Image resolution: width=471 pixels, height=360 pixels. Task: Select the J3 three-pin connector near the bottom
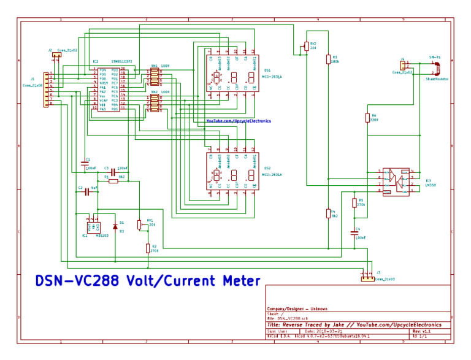coord(367,279)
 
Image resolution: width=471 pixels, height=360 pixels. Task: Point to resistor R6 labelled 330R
coord(367,118)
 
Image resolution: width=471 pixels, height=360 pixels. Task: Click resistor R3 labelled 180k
coord(328,59)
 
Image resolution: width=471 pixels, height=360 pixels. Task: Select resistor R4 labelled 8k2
coord(327,213)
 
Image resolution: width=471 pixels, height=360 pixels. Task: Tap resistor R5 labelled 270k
coord(354,202)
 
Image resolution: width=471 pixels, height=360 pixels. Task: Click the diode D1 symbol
coord(115,226)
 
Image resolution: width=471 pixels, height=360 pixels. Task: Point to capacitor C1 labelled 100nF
coord(85,164)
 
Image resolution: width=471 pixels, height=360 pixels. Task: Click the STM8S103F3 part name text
coord(121,62)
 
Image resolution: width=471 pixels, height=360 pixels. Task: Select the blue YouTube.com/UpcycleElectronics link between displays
coord(238,121)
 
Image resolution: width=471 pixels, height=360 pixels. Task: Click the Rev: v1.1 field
coord(423,331)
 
